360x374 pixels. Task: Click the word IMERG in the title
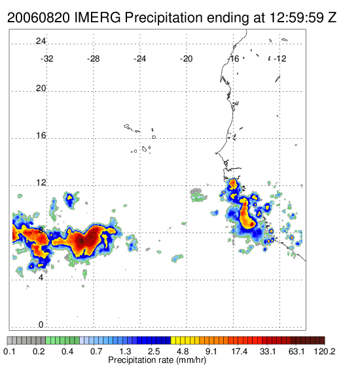click(98, 18)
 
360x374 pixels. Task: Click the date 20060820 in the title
click(39, 18)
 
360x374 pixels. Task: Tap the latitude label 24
click(41, 41)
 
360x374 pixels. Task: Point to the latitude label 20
click(41, 88)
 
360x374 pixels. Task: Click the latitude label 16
click(41, 136)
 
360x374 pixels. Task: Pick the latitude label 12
click(41, 183)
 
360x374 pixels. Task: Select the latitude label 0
click(41, 324)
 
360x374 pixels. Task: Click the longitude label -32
click(46, 59)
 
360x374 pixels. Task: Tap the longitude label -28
click(93, 59)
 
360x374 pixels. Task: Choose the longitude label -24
click(139, 59)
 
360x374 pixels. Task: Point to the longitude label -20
click(186, 59)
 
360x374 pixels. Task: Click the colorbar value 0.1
click(10, 351)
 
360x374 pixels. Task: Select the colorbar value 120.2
click(325, 351)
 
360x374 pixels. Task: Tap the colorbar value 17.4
click(240, 351)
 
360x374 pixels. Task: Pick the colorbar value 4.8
click(183, 351)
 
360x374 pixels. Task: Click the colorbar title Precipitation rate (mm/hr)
click(157, 360)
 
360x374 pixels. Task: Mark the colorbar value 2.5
click(154, 351)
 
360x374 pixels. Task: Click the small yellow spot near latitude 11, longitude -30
click(69, 197)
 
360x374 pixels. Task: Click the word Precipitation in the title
click(164, 18)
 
